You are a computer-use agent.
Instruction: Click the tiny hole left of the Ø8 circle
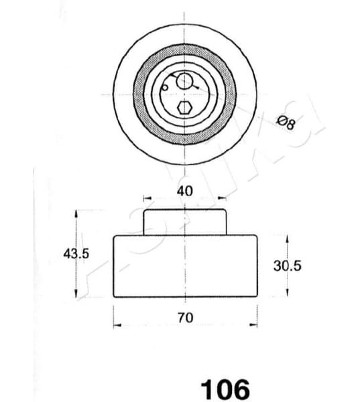pyautogui.click(x=165, y=87)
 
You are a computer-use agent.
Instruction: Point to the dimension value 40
pyautogui.click(x=184, y=191)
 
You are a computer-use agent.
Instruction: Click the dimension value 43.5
pyautogui.click(x=76, y=253)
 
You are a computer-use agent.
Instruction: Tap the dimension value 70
pyautogui.click(x=185, y=318)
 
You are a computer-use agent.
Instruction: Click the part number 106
pyautogui.click(x=225, y=389)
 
